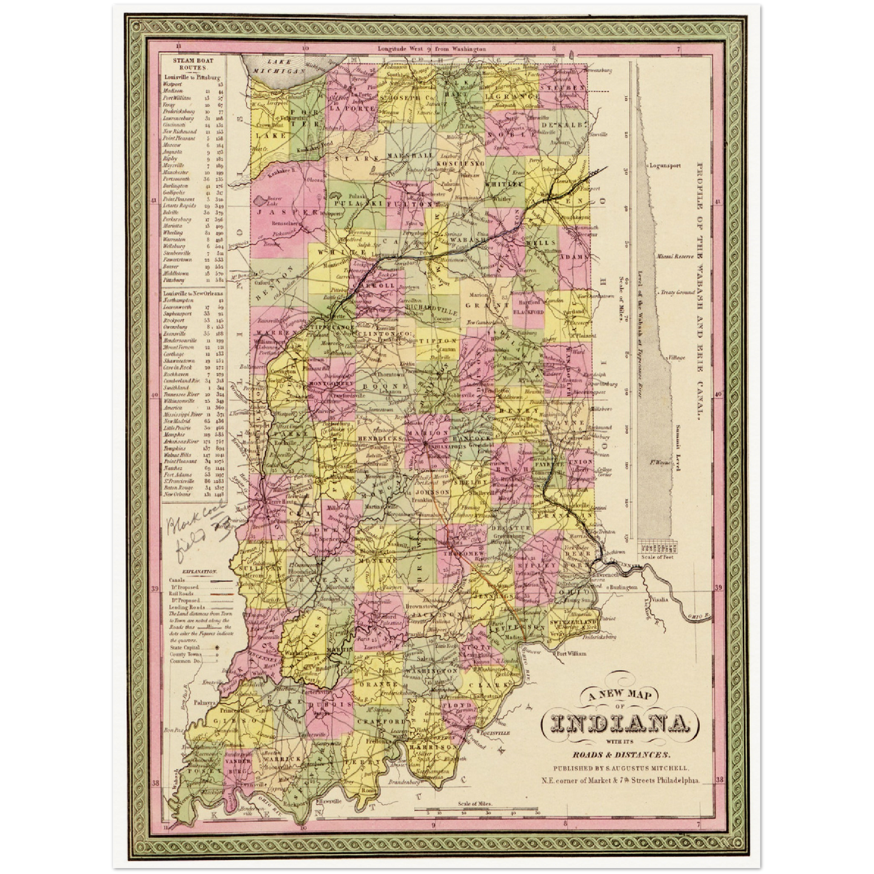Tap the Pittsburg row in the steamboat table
172,281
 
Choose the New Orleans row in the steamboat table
178,494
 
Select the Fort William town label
572,653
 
